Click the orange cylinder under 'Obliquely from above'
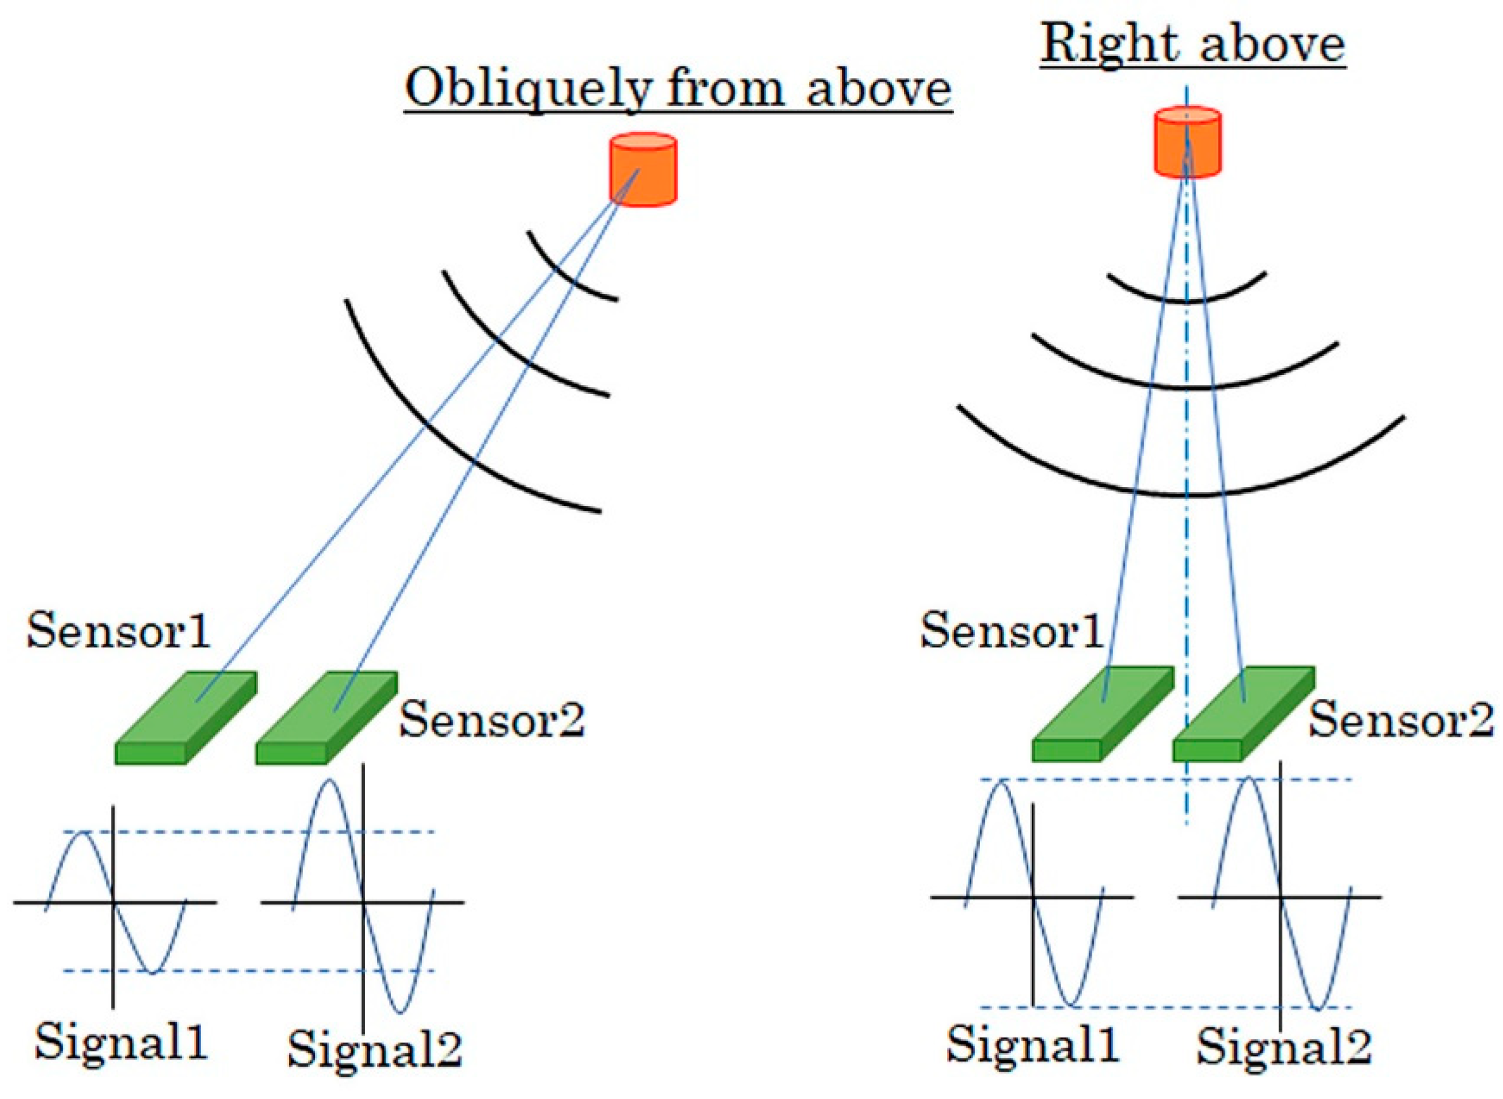643,170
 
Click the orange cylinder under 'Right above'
1187,143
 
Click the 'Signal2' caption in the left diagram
374,1049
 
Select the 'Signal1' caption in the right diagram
1033,1043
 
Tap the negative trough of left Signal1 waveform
152,972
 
